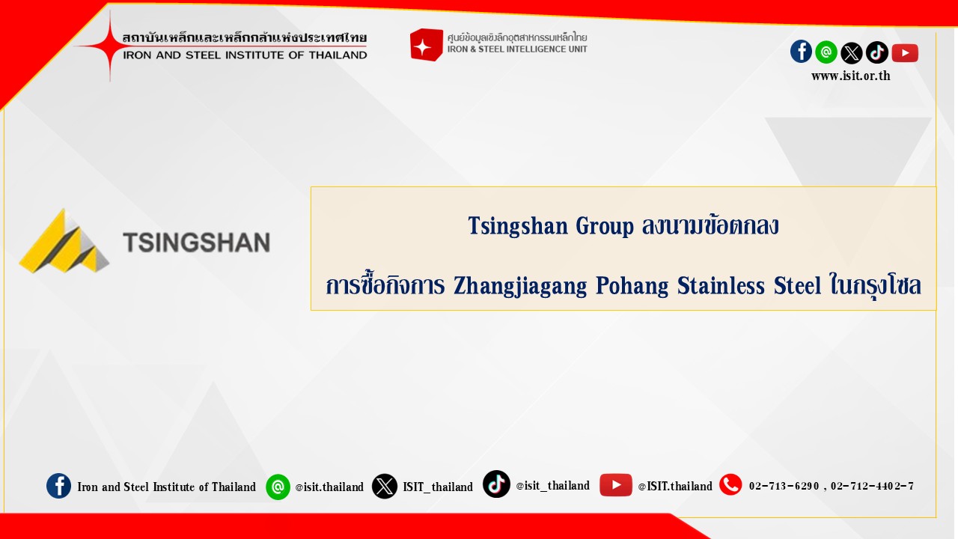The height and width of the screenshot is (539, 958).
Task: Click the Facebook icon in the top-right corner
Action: (x=801, y=52)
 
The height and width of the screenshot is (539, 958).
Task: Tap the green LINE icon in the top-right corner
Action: (x=826, y=52)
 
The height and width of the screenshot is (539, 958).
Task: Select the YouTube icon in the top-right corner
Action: (x=905, y=53)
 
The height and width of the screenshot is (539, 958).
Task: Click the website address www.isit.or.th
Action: (x=851, y=76)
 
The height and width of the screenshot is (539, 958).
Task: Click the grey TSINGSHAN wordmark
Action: (x=196, y=242)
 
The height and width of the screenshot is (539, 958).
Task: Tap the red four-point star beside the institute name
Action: (x=109, y=46)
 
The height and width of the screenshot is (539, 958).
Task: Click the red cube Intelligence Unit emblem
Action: (x=426, y=44)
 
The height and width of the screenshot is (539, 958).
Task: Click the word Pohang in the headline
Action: (x=632, y=285)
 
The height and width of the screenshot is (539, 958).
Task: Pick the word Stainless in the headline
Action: (x=721, y=285)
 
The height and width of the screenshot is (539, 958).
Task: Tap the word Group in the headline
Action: (x=604, y=226)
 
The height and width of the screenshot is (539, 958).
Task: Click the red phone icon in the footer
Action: (x=730, y=484)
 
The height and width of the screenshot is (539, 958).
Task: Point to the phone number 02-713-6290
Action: (x=784, y=486)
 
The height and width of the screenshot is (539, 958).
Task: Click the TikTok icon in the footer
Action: (x=496, y=484)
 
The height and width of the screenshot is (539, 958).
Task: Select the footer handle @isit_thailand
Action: (x=552, y=486)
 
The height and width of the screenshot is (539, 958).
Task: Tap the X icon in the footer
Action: (x=384, y=486)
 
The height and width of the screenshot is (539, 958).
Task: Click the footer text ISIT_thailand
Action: (x=438, y=487)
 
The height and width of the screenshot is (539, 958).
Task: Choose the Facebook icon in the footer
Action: (x=58, y=486)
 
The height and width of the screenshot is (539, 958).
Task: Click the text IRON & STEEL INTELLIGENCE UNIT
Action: (x=517, y=49)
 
